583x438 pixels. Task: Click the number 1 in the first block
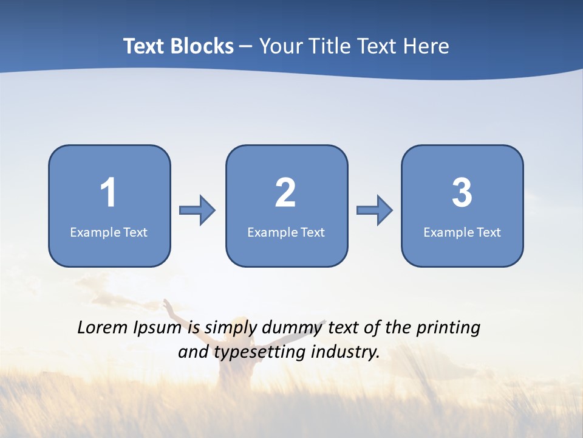[108, 193]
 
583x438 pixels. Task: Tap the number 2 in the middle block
[285, 193]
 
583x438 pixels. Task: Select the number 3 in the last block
[462, 193]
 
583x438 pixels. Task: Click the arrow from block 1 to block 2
[198, 210]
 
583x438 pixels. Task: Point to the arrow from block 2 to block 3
[375, 210]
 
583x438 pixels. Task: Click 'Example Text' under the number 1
[109, 232]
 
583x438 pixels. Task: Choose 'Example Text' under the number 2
[286, 232]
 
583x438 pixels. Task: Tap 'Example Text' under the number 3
[462, 232]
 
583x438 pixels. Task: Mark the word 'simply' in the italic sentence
[228, 328]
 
